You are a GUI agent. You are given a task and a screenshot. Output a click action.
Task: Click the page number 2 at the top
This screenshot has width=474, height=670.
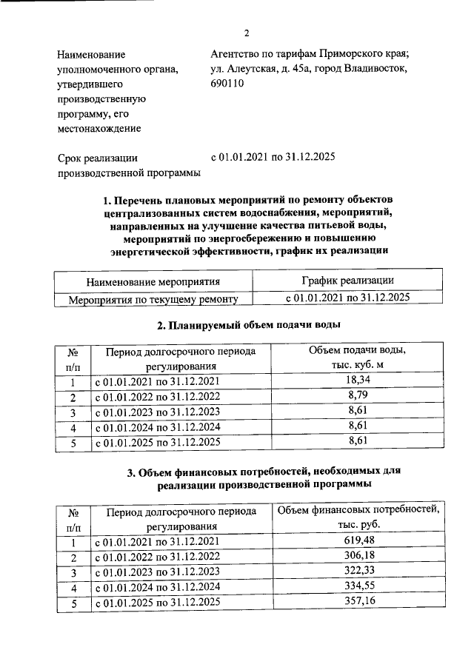point(247,33)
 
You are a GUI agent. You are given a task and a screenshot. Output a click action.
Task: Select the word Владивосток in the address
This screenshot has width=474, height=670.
point(375,68)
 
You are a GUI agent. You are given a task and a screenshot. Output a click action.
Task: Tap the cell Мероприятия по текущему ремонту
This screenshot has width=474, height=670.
point(153,299)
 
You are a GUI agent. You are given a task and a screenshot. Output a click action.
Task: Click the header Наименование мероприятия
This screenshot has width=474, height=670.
point(153,281)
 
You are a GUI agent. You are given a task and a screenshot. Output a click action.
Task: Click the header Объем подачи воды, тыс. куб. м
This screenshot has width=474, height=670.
point(358,358)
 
